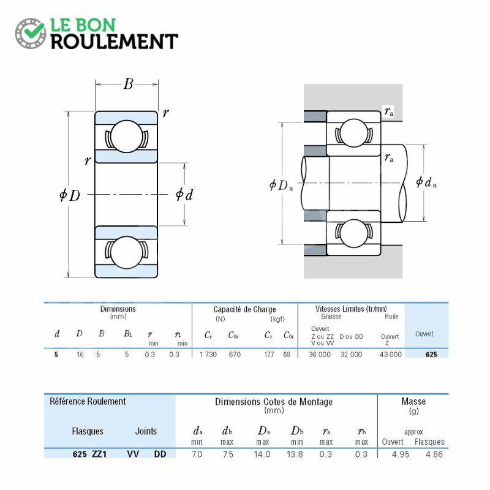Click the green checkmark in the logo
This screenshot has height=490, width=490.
tap(34, 30)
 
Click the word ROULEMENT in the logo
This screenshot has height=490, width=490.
tap(115, 42)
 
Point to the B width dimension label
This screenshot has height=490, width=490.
tap(128, 84)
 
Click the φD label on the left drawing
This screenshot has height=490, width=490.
tap(70, 195)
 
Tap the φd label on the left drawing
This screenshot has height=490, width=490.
tap(184, 194)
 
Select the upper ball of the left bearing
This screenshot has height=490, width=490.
tap(127, 137)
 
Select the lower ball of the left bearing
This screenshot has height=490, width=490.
tap(127, 252)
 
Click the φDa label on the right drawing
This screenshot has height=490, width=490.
tap(281, 185)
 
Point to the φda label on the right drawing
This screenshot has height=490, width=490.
tap(426, 182)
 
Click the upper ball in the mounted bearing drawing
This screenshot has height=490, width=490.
tap(353, 133)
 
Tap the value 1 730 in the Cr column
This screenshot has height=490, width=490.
tap(208, 355)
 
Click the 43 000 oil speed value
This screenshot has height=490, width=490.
tap(390, 355)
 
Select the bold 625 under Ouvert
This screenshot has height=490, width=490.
tap(431, 355)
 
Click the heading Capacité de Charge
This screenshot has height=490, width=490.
tap(244, 309)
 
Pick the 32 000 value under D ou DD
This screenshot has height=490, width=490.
tap(351, 355)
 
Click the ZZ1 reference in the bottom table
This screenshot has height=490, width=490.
tap(99, 454)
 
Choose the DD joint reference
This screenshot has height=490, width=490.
tap(160, 454)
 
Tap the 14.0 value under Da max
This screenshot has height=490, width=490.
tap(262, 454)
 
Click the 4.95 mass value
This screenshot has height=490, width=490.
tap(401, 454)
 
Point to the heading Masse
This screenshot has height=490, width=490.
tap(413, 401)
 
